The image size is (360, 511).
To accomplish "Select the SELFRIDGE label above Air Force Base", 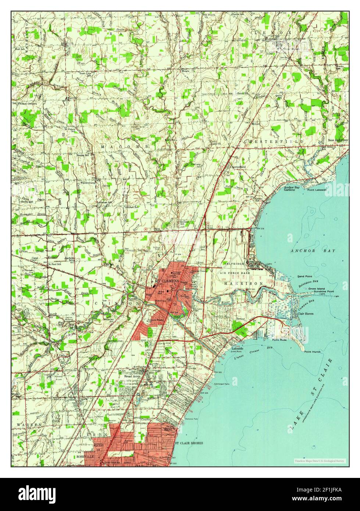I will (232, 264).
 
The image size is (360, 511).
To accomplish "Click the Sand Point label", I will (305, 276).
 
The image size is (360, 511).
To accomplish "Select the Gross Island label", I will (316, 289).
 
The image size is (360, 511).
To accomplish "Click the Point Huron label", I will (312, 352).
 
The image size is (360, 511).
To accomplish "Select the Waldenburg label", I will (88, 182).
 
